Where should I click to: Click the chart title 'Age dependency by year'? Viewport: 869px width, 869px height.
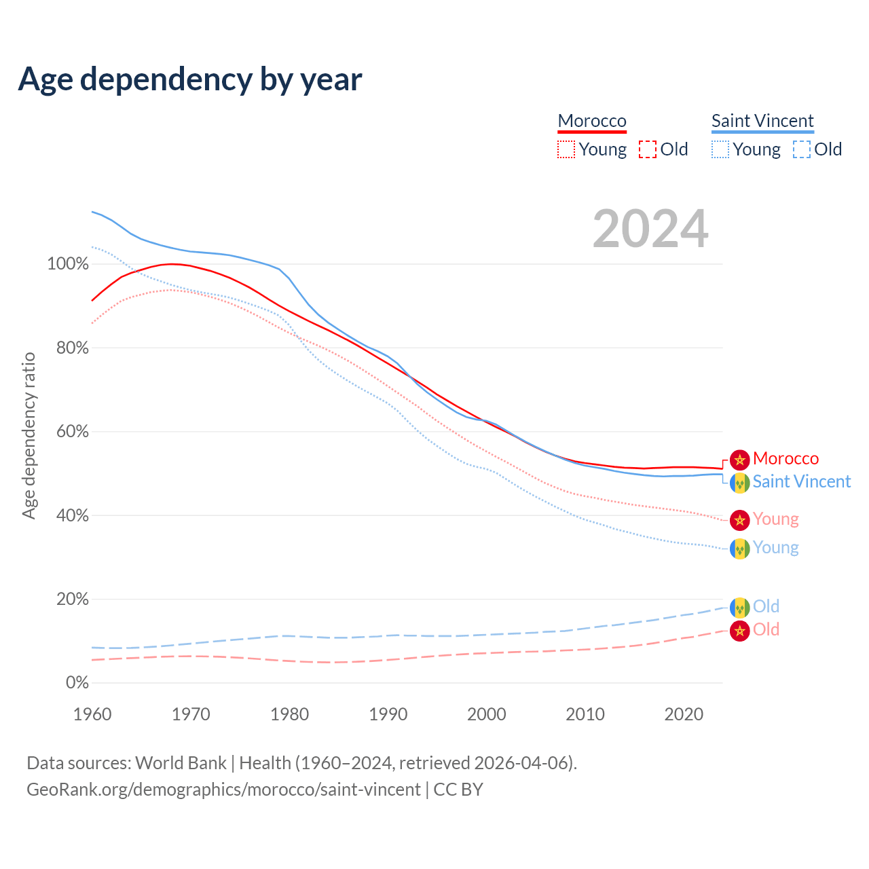pyautogui.click(x=190, y=79)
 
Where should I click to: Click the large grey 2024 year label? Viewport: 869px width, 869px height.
pyautogui.click(x=650, y=229)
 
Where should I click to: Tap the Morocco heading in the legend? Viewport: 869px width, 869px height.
pyautogui.click(x=592, y=121)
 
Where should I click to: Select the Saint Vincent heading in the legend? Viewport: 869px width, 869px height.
pyautogui.click(x=762, y=121)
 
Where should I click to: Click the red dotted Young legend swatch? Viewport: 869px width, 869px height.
pyautogui.click(x=566, y=149)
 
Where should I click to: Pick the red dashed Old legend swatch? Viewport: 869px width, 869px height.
pyautogui.click(x=648, y=149)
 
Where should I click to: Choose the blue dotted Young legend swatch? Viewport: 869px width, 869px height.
pyautogui.click(x=720, y=149)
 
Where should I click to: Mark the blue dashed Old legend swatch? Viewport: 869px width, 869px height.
pyautogui.click(x=802, y=149)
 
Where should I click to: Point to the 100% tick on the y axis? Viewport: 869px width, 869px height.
pyautogui.click(x=68, y=264)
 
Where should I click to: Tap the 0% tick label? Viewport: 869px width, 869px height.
pyautogui.click(x=77, y=683)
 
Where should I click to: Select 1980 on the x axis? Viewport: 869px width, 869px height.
pyautogui.click(x=289, y=714)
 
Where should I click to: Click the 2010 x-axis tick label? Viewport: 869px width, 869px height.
pyautogui.click(x=585, y=714)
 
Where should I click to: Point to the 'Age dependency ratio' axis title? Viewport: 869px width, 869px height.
pyautogui.click(x=29, y=435)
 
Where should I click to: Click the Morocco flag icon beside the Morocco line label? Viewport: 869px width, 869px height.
pyautogui.click(x=739, y=460)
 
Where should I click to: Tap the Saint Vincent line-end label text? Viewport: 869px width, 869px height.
pyautogui.click(x=801, y=481)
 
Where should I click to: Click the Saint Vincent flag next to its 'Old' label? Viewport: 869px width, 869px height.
pyautogui.click(x=739, y=607)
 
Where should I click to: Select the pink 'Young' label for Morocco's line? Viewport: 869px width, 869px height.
pyautogui.click(x=775, y=519)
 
